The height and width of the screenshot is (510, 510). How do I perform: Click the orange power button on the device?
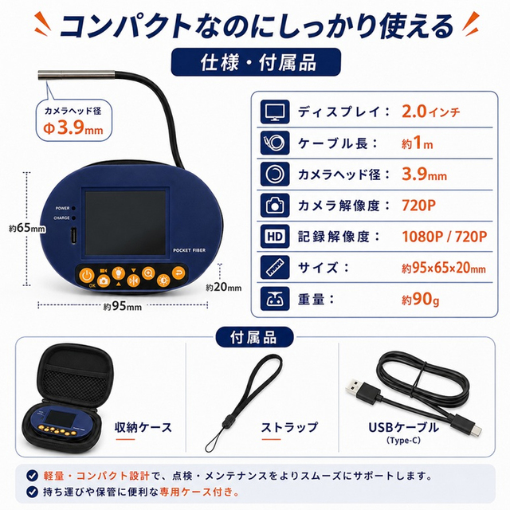(87, 276)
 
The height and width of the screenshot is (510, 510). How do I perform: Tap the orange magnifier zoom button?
(148, 273)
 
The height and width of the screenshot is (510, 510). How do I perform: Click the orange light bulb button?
(119, 273)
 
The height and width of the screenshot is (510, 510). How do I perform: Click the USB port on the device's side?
(74, 236)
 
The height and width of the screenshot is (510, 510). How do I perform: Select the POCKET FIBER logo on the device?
(190, 250)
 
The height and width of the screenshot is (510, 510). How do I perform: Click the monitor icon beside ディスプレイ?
(275, 112)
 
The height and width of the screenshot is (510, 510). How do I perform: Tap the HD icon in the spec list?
(275, 237)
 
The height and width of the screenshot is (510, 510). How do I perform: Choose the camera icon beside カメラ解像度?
(275, 206)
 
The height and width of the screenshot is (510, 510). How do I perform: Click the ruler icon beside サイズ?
(275, 268)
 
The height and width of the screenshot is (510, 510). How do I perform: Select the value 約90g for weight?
(420, 300)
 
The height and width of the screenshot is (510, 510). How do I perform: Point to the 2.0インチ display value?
(431, 112)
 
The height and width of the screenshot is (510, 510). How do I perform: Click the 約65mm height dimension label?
(27, 228)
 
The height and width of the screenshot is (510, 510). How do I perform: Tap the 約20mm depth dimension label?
(223, 287)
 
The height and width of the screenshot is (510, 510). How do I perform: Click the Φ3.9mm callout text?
(73, 127)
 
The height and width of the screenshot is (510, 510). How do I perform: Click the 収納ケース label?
(143, 427)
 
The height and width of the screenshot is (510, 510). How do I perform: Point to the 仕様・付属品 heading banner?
(256, 62)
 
